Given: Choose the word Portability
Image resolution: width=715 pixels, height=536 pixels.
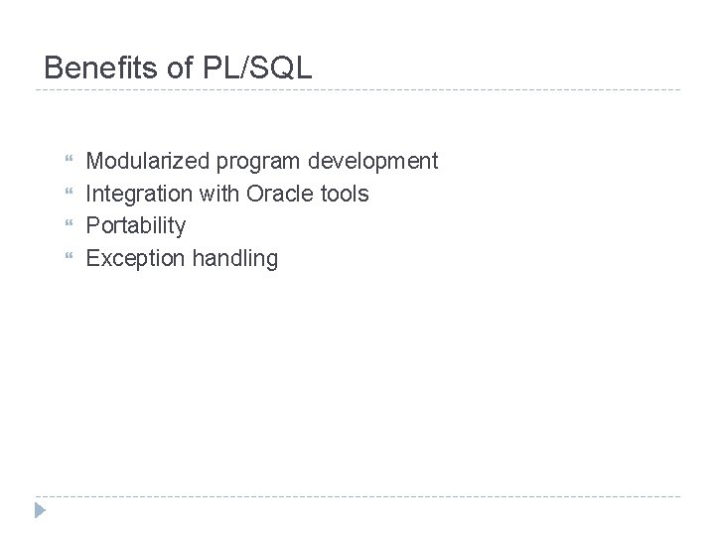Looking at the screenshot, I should (x=136, y=226).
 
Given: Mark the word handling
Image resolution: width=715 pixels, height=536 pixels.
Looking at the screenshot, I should (x=235, y=259).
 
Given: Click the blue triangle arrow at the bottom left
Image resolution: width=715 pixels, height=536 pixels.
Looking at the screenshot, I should (x=39, y=510).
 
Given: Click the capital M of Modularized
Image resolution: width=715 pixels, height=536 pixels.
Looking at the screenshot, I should (x=95, y=161).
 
